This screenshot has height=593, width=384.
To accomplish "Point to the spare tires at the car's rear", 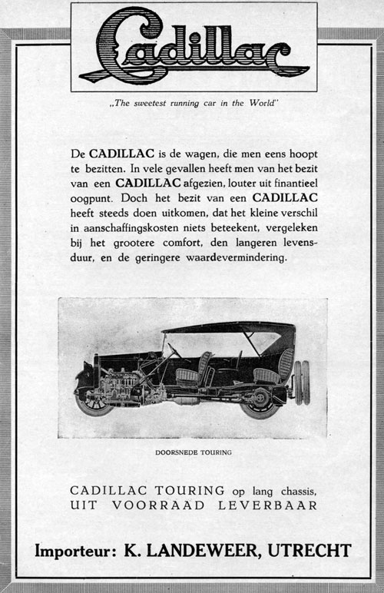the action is [300, 383].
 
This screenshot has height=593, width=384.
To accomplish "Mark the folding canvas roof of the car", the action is [230, 328].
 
